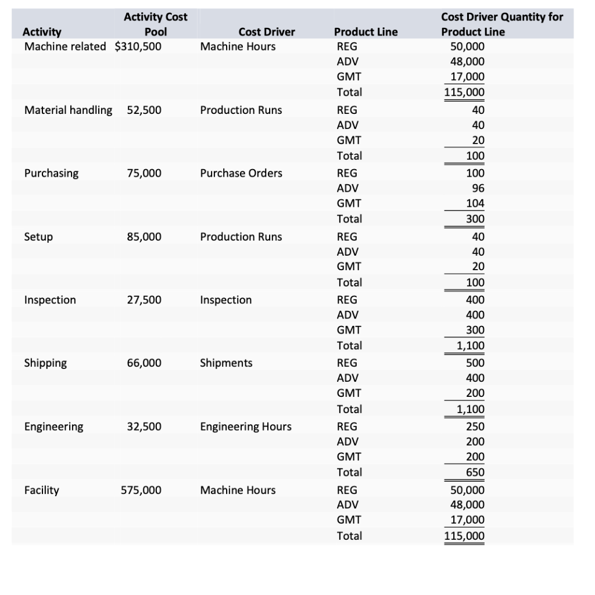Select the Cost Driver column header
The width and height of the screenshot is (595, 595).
(267, 32)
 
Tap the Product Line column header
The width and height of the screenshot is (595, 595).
(366, 32)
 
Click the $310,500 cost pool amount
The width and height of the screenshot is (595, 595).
(138, 46)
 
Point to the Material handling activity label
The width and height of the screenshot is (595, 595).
(69, 110)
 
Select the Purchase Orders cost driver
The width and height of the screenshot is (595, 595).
(241, 173)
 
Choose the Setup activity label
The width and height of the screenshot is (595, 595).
(38, 236)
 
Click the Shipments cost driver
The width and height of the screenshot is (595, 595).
(226, 363)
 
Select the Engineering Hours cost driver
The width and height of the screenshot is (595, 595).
(246, 426)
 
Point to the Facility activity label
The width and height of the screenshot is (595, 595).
(42, 490)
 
